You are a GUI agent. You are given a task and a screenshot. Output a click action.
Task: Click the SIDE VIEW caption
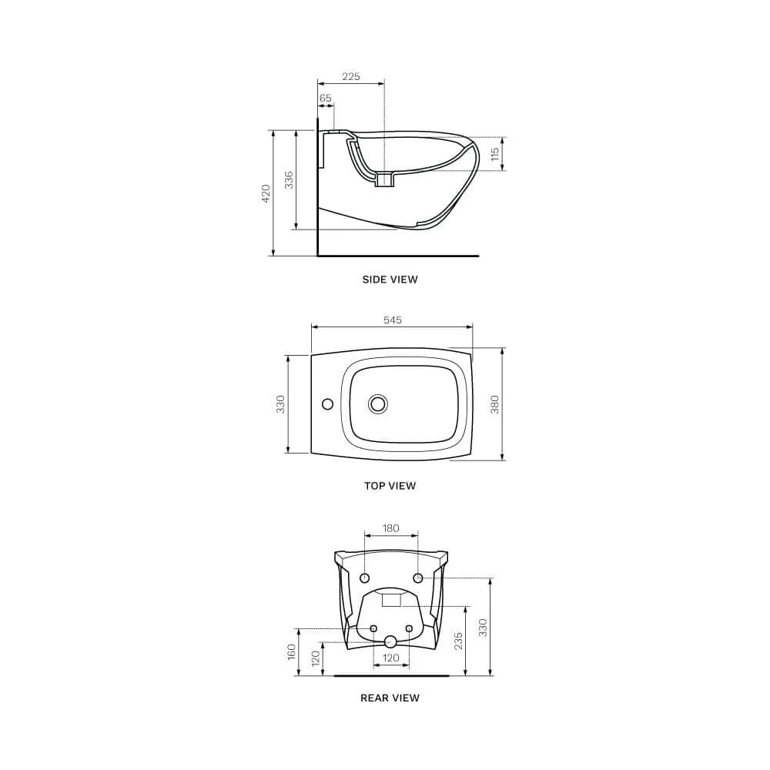[x=390, y=280]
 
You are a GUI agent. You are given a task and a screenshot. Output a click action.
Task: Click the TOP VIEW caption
[x=390, y=486]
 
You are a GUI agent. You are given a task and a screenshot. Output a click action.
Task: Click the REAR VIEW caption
[x=390, y=698]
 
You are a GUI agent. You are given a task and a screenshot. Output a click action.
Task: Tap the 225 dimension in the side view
[x=350, y=76]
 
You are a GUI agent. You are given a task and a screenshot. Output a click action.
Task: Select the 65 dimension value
[x=326, y=99]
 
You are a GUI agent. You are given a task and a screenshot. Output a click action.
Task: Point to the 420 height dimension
[x=266, y=193]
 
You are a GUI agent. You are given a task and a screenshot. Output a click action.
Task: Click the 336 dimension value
[x=289, y=179]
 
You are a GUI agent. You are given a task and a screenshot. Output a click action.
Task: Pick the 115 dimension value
[x=495, y=154]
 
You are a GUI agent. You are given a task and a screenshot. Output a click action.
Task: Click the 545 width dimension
[x=393, y=320]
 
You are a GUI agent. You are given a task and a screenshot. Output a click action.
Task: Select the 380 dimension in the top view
[x=494, y=404]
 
